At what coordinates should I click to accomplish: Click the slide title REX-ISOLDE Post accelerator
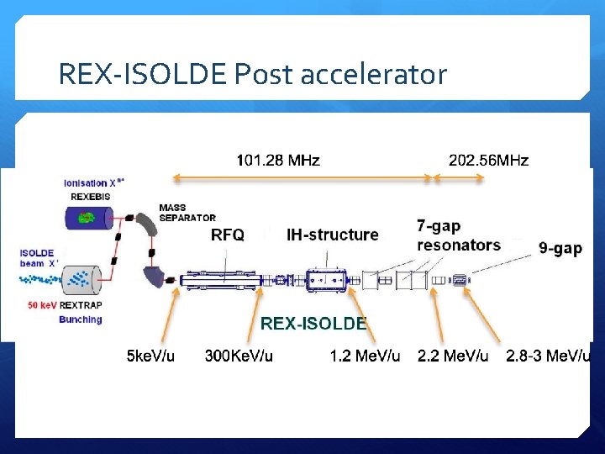click(252, 75)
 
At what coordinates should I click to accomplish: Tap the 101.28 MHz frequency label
click(277, 160)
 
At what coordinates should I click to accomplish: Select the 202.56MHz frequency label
click(488, 160)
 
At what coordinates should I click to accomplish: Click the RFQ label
click(227, 235)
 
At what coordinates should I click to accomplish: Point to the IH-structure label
click(332, 235)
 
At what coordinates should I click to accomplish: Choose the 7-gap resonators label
click(458, 235)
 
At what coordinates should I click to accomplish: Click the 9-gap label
click(560, 249)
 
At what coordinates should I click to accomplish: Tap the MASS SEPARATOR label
click(187, 213)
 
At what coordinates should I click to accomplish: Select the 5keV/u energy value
click(150, 356)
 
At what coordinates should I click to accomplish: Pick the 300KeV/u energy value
click(239, 356)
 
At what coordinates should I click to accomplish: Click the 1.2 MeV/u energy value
click(365, 356)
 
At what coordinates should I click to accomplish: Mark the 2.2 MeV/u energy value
click(453, 356)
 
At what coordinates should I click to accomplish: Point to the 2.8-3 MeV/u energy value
click(548, 356)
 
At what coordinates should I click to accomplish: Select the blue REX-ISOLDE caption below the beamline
click(313, 323)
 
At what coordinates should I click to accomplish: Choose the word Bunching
click(80, 319)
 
